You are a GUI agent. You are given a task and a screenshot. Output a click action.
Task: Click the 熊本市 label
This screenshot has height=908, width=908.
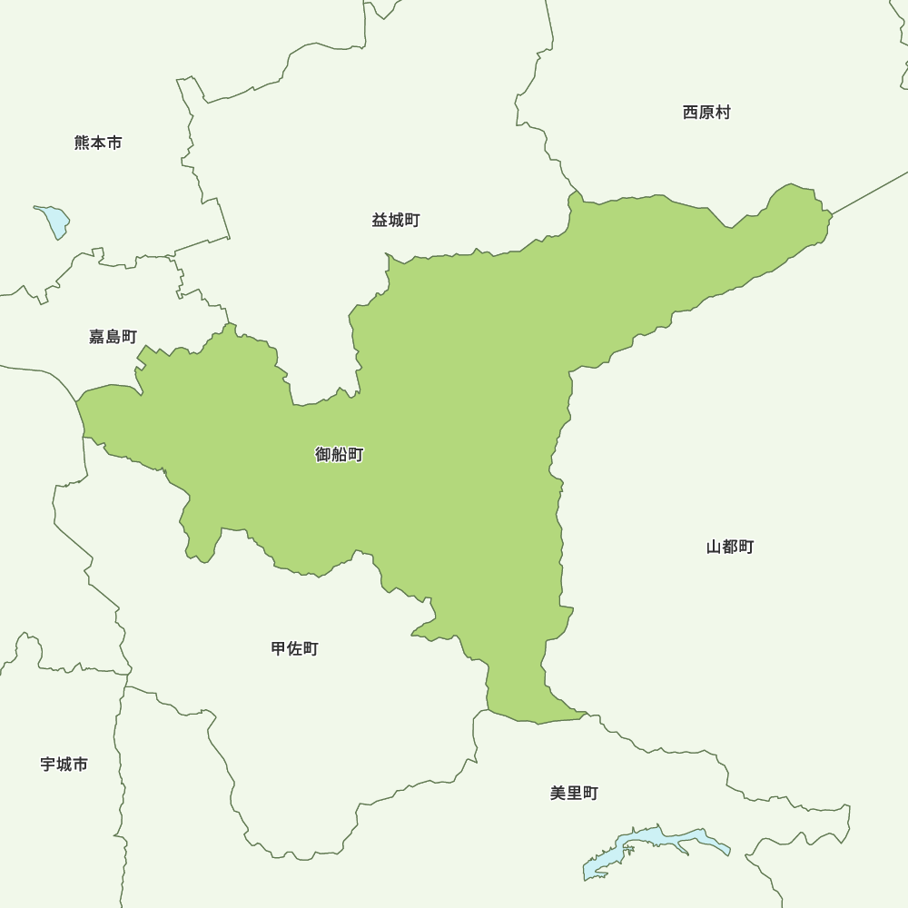tap(98, 143)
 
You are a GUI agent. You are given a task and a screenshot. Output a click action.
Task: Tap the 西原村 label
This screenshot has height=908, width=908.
tap(706, 113)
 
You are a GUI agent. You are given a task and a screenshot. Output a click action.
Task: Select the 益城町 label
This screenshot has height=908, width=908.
tap(396, 221)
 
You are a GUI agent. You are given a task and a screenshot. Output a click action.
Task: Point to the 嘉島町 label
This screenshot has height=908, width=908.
tap(113, 337)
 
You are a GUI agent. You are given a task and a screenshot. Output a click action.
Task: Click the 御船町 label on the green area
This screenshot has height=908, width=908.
tap(340, 455)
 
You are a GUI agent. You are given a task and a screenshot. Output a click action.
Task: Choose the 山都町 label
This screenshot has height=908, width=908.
tap(730, 547)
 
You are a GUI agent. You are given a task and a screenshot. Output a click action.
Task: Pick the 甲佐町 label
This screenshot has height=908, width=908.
tap(295, 648)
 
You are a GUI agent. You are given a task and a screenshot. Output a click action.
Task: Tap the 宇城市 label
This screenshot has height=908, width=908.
tap(64, 765)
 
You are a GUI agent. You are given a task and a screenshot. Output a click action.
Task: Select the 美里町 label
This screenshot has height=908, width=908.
tap(574, 793)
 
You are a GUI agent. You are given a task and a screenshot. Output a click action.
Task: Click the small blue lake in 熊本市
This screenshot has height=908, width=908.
tap(54, 221)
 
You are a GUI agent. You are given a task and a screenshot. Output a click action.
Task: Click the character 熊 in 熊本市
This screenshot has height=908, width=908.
tap(83, 143)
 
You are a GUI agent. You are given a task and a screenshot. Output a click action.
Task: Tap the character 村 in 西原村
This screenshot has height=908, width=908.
tap(723, 113)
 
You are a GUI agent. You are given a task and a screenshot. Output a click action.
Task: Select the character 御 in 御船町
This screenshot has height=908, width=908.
tap(323, 455)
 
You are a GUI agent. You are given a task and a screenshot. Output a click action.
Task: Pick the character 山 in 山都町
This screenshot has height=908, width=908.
tap(715, 547)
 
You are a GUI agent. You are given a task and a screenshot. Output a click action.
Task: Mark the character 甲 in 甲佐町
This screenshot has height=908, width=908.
tap(279, 648)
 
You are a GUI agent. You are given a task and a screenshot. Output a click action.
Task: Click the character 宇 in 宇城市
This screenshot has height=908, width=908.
tap(48, 765)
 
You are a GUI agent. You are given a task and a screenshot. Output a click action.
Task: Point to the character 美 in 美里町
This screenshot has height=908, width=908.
tap(558, 793)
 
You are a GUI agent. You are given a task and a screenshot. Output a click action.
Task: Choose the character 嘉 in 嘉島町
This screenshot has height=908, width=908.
tap(97, 337)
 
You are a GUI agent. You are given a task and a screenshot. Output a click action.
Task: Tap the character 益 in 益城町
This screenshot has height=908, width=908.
tap(380, 221)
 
